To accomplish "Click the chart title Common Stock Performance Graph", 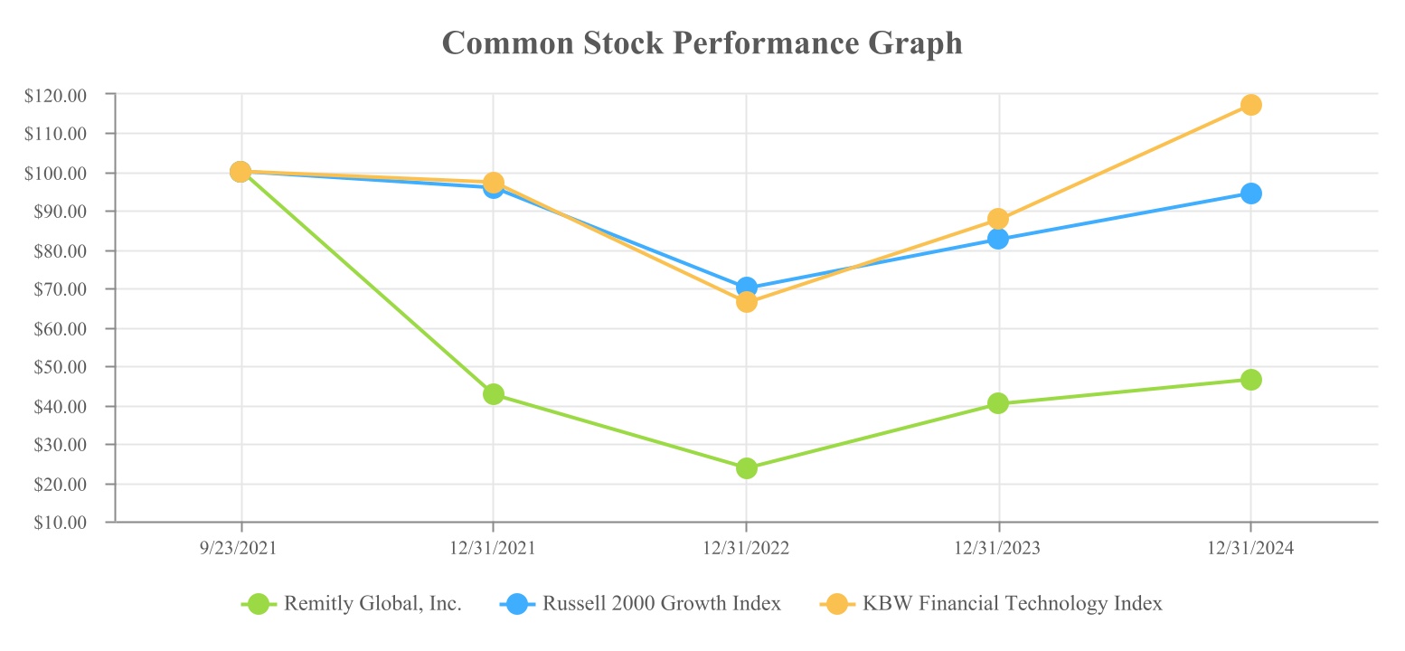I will click(702, 42).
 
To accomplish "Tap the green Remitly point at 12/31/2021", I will click(493, 394).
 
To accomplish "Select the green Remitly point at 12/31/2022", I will click(746, 468).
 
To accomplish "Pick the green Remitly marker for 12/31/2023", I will click(998, 403).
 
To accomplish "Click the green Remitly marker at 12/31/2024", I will click(1251, 380).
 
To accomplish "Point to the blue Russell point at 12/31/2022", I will click(746, 287).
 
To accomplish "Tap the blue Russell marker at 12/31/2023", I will click(998, 239).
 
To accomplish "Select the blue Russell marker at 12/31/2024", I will click(1251, 193).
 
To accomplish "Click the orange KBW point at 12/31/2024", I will click(1251, 105).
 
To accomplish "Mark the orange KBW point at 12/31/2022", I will click(746, 302).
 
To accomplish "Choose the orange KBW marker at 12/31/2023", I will click(998, 219).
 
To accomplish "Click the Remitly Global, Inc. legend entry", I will click(353, 604).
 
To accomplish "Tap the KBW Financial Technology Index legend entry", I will click(991, 604).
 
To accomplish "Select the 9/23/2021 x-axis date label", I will click(241, 549).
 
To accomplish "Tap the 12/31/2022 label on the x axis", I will click(746, 549).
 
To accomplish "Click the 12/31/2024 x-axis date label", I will click(1251, 549).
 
